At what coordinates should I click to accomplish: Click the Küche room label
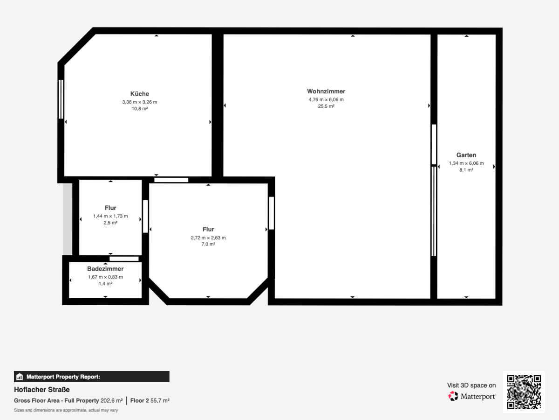[x=140, y=94]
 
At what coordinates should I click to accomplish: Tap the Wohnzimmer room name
[x=326, y=91]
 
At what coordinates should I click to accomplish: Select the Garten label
[x=466, y=155]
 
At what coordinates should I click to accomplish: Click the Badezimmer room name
[x=105, y=269]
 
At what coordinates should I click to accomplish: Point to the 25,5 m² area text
[x=326, y=106]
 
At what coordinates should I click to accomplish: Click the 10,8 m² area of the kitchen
[x=140, y=109]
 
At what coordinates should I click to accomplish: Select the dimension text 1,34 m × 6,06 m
[x=466, y=163]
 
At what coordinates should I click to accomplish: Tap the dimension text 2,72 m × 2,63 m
[x=208, y=238]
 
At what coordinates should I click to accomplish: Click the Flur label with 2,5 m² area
[x=110, y=208]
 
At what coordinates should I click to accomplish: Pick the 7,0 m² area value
[x=208, y=244]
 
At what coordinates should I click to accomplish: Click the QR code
[x=524, y=392]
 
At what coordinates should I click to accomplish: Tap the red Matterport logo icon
[x=453, y=396]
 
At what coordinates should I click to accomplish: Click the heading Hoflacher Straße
[x=42, y=390]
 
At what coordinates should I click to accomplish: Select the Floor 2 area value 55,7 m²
[x=160, y=400]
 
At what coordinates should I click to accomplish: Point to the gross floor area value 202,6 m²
[x=111, y=400]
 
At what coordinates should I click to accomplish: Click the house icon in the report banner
[x=20, y=377]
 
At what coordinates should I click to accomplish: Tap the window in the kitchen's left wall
[x=61, y=99]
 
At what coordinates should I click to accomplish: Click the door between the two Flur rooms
[x=145, y=217]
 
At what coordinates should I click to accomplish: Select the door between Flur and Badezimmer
[x=124, y=259]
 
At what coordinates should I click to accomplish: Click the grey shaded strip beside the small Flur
[x=68, y=219]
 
